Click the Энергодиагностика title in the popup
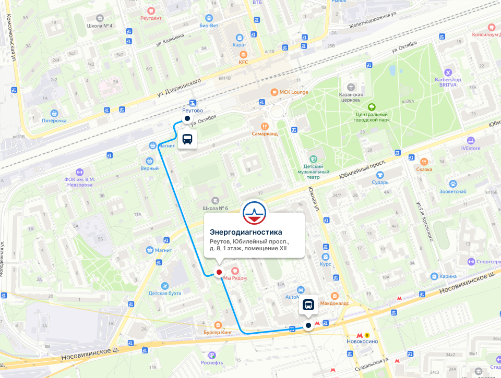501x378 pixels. (x=246, y=232)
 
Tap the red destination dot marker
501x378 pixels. (x=219, y=272)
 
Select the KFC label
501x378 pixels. (x=243, y=62)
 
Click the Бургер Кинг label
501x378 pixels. (x=218, y=332)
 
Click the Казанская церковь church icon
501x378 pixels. (x=351, y=86)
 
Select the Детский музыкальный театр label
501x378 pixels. (x=314, y=167)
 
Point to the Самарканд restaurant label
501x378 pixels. (x=265, y=133)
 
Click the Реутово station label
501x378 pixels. (x=193, y=111)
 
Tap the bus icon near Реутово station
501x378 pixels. (x=187, y=139)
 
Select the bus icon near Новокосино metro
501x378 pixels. (x=308, y=305)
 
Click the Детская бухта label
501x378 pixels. (x=165, y=293)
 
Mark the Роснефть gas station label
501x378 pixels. (x=212, y=362)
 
